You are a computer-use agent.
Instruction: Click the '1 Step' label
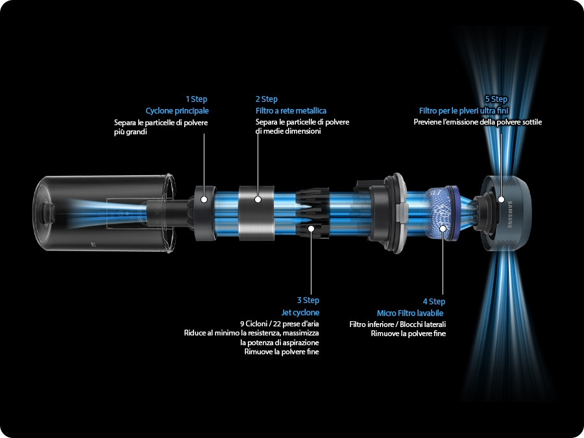coord(196,99)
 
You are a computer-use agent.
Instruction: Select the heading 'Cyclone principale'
coord(177,110)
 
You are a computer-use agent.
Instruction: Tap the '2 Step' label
coord(266,99)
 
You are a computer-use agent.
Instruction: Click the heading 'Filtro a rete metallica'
coord(291,110)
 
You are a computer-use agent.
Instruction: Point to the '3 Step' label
coord(308,300)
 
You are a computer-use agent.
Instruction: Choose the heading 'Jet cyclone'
coord(300,313)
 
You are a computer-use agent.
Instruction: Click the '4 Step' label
coord(434,301)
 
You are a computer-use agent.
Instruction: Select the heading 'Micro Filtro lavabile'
coord(410,313)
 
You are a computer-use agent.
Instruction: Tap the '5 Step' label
coord(496,99)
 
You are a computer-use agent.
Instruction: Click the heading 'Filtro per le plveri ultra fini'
coord(463,110)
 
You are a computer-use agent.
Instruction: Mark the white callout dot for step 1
coord(204,199)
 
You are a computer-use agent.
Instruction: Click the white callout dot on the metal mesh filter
coord(258,199)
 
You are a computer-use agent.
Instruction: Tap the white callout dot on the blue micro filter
coord(443,228)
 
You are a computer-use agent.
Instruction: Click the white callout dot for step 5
coord(501,200)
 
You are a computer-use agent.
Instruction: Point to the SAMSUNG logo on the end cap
coord(510,214)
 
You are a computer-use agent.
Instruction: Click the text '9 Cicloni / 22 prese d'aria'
coord(279,324)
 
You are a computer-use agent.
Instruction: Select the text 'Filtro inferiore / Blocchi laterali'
coord(397,324)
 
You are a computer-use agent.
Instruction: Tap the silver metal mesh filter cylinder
coord(256,213)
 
